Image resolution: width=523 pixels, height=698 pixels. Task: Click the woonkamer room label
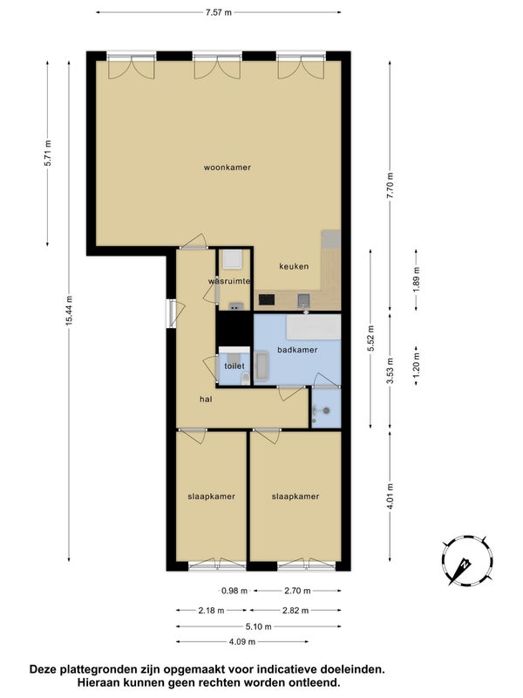[228, 168]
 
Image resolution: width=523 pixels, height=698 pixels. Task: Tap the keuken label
[294, 266]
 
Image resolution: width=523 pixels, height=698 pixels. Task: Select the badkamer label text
[297, 350]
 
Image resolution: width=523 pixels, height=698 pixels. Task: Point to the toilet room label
[234, 366]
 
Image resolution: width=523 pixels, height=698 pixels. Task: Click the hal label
[206, 400]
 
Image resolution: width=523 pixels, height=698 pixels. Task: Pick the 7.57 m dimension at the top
[219, 12]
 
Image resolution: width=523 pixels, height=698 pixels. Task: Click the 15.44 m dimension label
[69, 311]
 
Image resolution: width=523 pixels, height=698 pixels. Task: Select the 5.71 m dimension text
[48, 154]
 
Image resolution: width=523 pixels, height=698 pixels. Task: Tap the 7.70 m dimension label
[390, 186]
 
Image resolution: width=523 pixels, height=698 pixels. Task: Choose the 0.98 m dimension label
[234, 591]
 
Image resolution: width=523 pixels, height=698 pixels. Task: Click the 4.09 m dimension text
[242, 641]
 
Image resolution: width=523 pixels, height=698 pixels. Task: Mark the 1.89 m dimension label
[417, 279]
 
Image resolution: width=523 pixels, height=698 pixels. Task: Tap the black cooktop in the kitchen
[267, 299]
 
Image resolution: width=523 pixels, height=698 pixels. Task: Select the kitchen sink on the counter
[303, 300]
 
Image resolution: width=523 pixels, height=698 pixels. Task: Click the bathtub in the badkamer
[314, 327]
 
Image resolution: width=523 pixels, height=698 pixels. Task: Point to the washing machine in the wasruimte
[233, 259]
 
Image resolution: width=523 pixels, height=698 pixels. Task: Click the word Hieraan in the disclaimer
[96, 682]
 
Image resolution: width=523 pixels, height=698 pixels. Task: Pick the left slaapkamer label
[211, 496]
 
